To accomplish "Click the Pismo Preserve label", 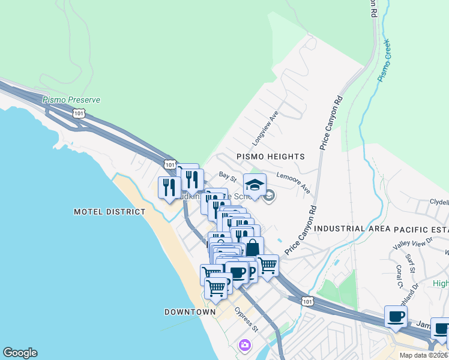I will click(x=71, y=100).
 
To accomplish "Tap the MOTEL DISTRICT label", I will click(x=109, y=212).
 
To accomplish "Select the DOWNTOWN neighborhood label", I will click(x=190, y=312).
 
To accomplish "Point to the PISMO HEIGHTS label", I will click(x=270, y=157).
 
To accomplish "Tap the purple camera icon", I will click(x=244, y=344).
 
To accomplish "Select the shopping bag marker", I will click(x=253, y=247).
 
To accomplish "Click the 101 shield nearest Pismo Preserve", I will click(x=79, y=113).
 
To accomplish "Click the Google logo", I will click(x=20, y=353).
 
